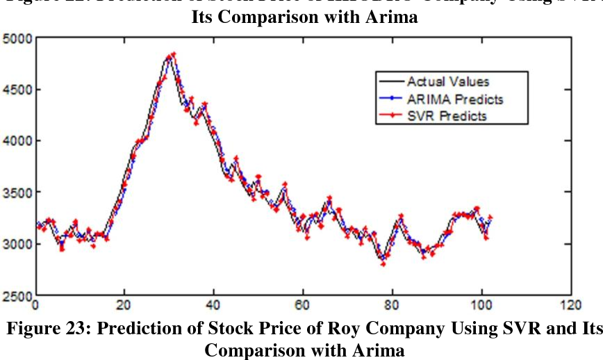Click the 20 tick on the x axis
coord(124,304)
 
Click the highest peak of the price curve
coord(172,54)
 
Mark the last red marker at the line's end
coord(490,218)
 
